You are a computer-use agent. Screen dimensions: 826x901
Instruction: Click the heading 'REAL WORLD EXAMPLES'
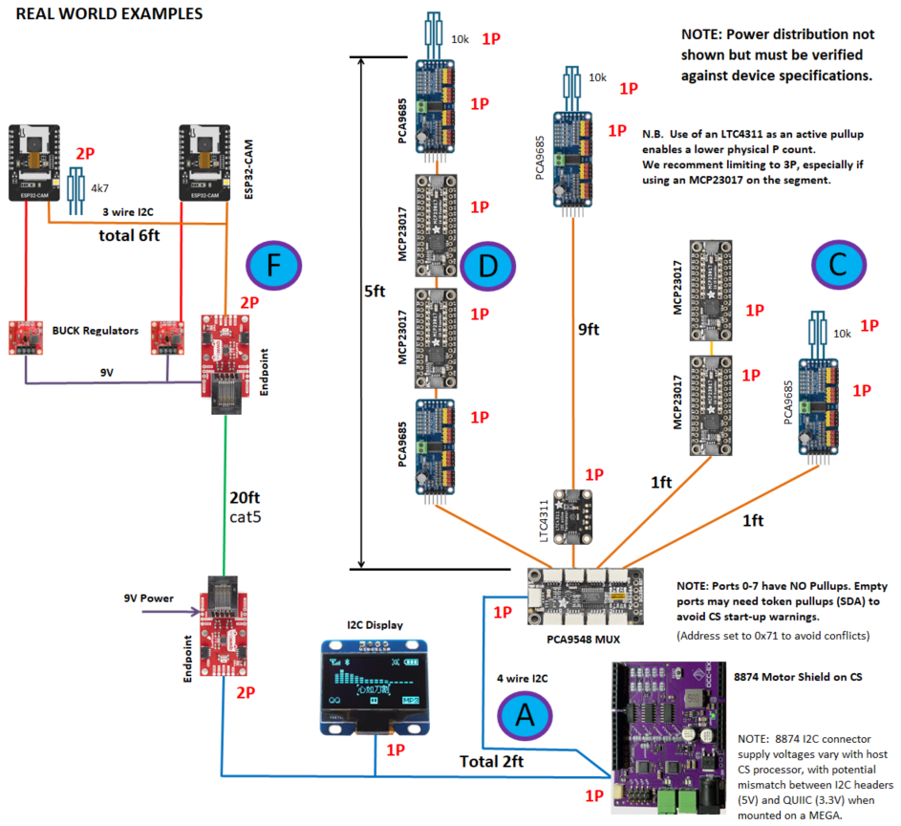click(x=109, y=14)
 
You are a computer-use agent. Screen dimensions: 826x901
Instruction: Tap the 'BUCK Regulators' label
click(x=94, y=331)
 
